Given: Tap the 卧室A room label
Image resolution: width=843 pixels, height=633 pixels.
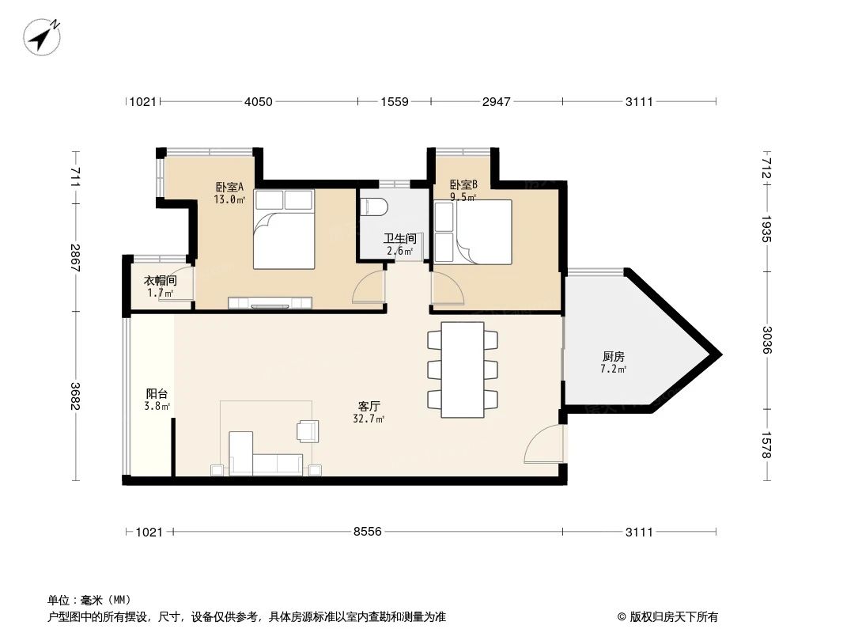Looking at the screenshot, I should click(229, 188).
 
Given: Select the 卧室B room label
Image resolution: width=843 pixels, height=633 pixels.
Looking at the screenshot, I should click(463, 186).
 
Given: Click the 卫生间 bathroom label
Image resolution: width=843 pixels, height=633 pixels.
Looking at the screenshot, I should click(399, 239).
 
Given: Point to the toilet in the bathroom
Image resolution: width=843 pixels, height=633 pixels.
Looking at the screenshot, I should click(374, 207).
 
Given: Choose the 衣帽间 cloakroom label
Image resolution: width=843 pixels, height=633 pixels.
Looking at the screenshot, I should click(159, 282).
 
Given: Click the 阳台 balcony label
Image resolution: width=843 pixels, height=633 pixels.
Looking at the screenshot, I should click(157, 393).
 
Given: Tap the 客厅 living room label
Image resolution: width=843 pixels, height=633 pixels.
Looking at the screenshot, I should click(369, 406).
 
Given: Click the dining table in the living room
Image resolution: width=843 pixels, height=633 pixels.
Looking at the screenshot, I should click(463, 370).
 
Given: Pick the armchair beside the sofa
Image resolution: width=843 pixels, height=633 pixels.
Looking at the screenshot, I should click(307, 430).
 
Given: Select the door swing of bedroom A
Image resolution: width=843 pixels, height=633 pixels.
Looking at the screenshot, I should click(369, 289).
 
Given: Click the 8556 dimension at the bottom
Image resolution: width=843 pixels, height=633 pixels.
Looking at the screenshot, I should click(368, 532).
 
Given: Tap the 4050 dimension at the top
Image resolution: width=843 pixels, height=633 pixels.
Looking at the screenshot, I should click(258, 101).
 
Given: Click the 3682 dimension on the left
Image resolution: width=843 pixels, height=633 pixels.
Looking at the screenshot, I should click(75, 395).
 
